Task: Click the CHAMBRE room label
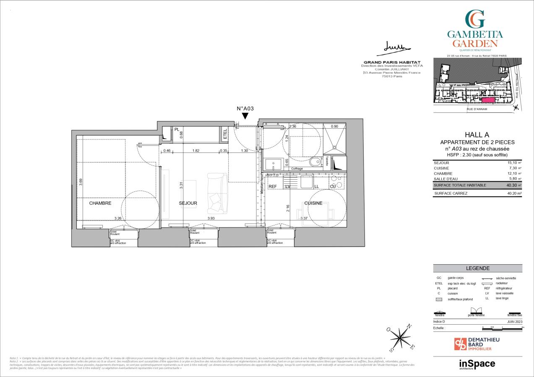[x=100, y=203]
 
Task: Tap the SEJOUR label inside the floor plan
[x=188, y=203]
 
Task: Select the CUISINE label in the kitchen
[x=313, y=203]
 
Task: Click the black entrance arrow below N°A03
[x=245, y=116]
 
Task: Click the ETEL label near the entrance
[x=225, y=134]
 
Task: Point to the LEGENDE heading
[x=477, y=269]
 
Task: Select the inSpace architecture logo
[x=477, y=364]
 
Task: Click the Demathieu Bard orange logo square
[x=460, y=344]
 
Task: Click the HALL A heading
[x=477, y=135]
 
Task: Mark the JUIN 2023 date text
[x=514, y=322]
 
